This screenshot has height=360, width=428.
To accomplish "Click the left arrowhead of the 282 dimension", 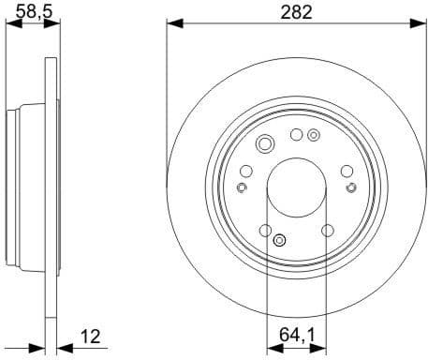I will click(x=171, y=23).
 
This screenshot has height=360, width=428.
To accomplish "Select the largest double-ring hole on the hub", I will click(x=264, y=143).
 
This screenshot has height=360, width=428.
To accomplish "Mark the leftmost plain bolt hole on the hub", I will click(x=246, y=171).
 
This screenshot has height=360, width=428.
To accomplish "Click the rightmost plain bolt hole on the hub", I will click(x=347, y=171).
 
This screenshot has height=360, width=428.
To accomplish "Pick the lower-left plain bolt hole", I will click(x=266, y=231).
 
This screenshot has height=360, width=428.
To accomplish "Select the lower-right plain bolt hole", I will click(x=328, y=231).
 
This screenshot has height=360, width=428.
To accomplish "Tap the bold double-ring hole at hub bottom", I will click(x=278, y=242).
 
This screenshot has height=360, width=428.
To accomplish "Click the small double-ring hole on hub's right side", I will click(x=351, y=187).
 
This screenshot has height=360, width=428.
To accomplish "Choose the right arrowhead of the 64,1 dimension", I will click(x=322, y=342).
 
